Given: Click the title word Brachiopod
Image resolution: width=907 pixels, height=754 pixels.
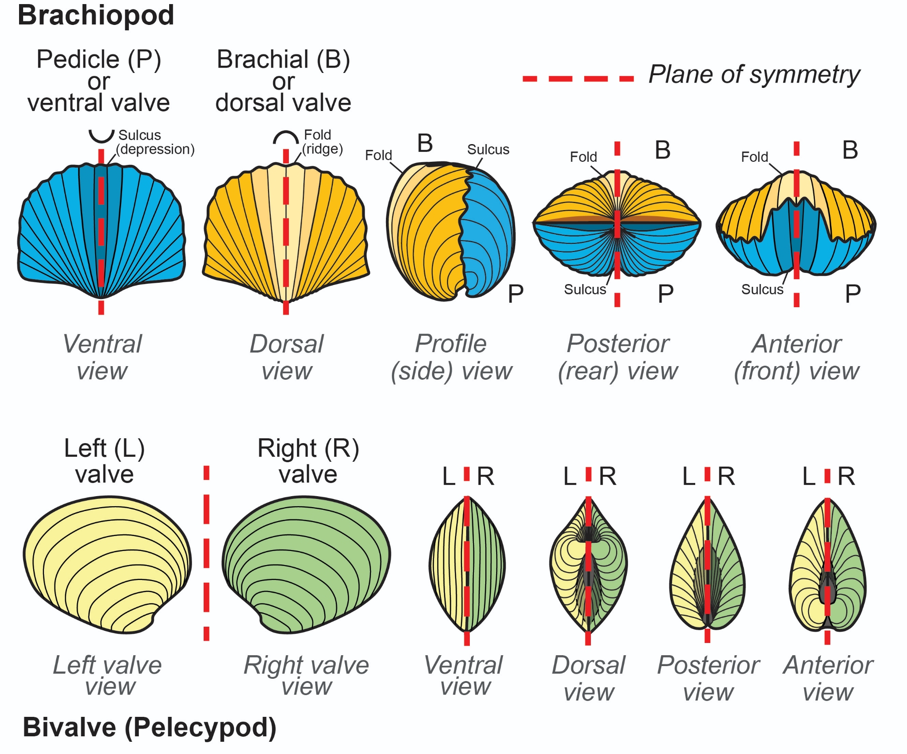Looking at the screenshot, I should tap(96, 15).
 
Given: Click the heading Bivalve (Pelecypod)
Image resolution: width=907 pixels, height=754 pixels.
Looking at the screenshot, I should tap(149, 728).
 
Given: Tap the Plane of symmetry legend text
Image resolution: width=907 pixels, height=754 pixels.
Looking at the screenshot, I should tap(754, 74).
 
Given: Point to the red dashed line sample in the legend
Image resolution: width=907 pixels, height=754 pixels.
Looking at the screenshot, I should tap(578, 79).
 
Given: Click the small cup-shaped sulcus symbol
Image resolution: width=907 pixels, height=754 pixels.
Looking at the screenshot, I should tap(101, 136).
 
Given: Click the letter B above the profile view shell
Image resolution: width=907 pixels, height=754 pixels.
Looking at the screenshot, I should tap(425, 144).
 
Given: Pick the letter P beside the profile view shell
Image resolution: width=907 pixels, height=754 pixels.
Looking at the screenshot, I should tap(516, 294).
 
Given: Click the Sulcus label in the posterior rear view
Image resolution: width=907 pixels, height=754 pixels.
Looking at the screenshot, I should tap(585, 289).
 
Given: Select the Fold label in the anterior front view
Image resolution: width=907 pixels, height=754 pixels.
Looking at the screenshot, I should tap(754, 157).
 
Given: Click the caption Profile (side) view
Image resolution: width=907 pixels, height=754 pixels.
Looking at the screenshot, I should tap(451, 357).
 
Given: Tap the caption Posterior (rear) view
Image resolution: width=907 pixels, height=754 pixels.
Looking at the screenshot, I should tap(618, 357).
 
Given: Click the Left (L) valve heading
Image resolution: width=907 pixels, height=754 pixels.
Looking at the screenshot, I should tap(104, 461).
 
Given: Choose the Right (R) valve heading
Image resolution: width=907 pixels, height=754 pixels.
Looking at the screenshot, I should tap(308, 461).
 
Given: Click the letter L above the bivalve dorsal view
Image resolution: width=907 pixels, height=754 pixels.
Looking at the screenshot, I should tap(570, 477).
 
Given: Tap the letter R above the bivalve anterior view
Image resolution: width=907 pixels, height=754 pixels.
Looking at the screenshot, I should tap(846, 477).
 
